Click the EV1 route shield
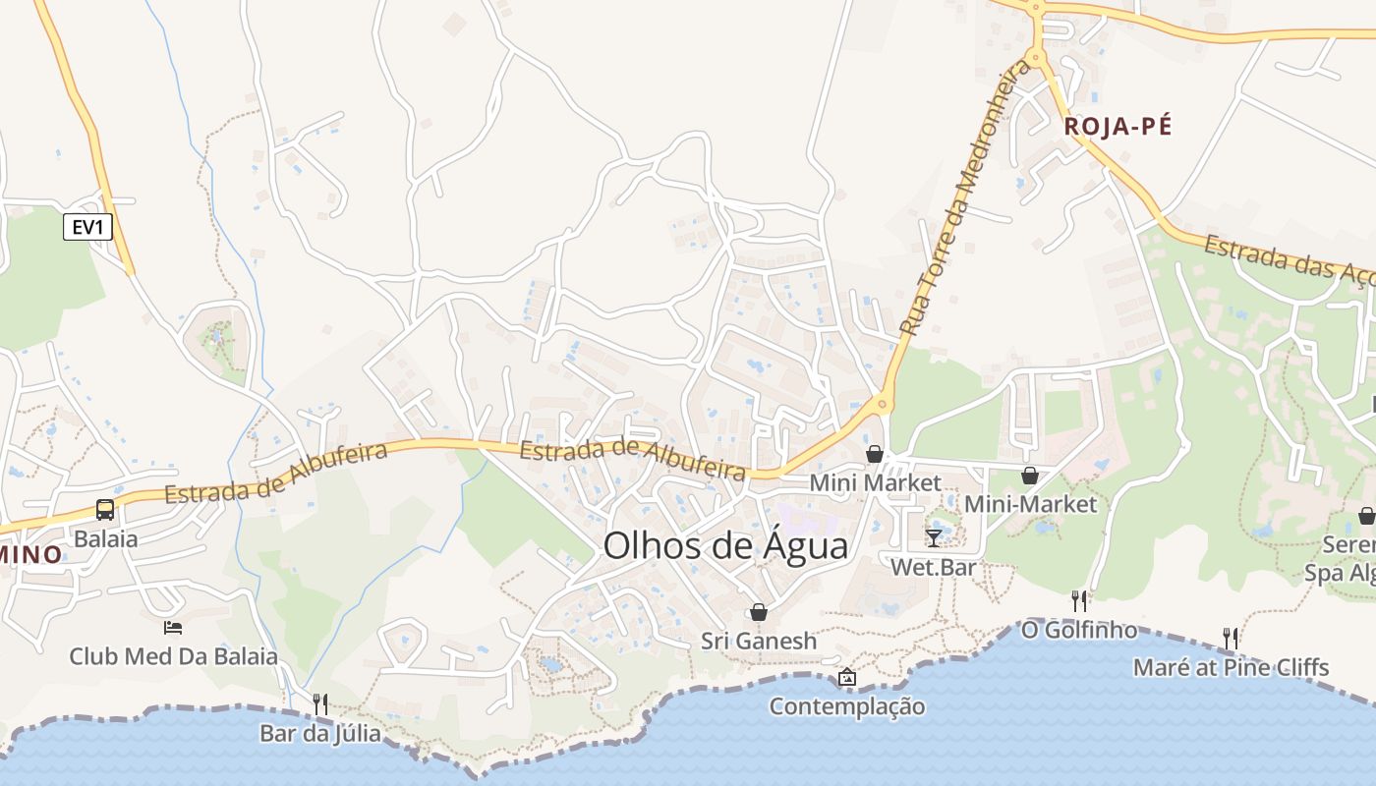[88, 228]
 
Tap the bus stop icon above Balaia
[105, 510]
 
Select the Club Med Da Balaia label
[173, 656]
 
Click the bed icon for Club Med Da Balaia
[173, 627]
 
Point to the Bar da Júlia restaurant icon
[319, 703]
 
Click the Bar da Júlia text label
[319, 734]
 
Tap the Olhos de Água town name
[725, 545]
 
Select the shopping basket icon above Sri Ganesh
[758, 612]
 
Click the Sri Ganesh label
[758, 642]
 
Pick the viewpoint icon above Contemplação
[846, 677]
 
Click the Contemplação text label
[846, 706]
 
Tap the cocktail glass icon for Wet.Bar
[933, 537]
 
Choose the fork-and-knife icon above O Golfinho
[1079, 600]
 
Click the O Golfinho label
[1079, 630]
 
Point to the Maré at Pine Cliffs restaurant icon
[1230, 639]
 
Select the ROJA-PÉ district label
[1118, 127]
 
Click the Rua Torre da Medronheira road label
[966, 196]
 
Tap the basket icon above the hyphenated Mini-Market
[1029, 476]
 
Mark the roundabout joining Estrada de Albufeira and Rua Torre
[882, 403]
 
